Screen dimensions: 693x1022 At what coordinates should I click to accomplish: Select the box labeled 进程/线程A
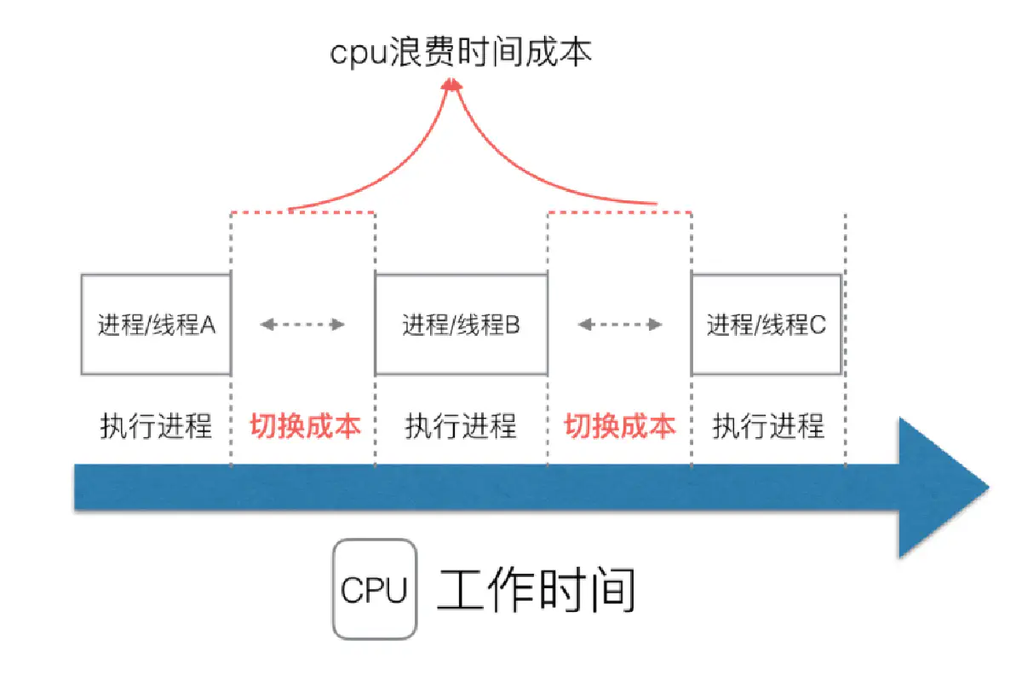click(x=156, y=325)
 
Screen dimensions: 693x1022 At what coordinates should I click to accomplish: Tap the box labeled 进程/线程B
click(x=461, y=325)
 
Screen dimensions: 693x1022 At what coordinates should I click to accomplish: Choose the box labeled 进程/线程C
click(x=766, y=325)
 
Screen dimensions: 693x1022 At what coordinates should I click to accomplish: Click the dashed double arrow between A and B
click(x=302, y=324)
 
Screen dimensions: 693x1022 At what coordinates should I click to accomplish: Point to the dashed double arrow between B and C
click(x=619, y=324)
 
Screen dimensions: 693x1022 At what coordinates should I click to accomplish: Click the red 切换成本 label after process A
click(x=305, y=425)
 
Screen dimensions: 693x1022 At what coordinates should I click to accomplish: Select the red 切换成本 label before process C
click(x=620, y=425)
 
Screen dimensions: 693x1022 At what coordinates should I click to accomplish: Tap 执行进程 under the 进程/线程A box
click(x=156, y=425)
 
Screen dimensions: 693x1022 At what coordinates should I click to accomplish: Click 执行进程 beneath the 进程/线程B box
click(x=461, y=425)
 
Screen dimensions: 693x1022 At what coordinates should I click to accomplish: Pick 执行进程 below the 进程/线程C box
click(x=768, y=425)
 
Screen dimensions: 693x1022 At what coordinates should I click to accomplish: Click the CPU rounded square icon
click(x=375, y=590)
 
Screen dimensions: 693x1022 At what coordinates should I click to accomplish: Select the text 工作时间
click(x=537, y=590)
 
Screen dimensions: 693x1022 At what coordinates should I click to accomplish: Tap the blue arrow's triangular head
click(x=937, y=488)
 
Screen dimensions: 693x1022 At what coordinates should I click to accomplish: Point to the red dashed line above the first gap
click(x=302, y=211)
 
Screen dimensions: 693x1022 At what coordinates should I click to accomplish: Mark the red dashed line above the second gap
click(x=619, y=211)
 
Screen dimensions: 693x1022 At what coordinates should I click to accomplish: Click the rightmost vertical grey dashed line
click(x=845, y=341)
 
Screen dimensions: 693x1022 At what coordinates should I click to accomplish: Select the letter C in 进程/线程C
click(x=818, y=325)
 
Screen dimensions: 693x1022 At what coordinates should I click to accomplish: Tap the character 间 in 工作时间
click(x=611, y=590)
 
